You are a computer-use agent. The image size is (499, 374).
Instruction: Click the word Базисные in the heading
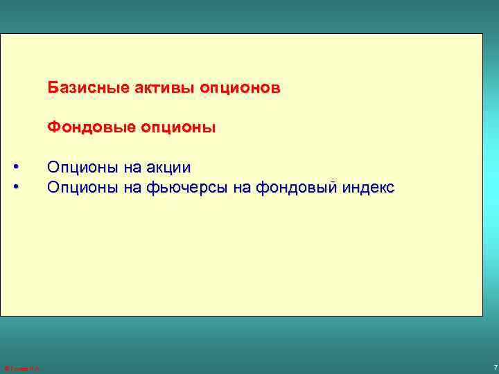[x=78, y=89]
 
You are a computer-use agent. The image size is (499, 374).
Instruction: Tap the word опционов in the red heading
[x=240, y=89]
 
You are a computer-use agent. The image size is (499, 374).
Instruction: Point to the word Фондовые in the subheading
[x=79, y=128]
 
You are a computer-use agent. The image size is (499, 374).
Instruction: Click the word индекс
[x=372, y=187]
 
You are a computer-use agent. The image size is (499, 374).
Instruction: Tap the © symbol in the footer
[x=6, y=368]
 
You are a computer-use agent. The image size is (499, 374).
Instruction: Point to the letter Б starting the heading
[x=52, y=89]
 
